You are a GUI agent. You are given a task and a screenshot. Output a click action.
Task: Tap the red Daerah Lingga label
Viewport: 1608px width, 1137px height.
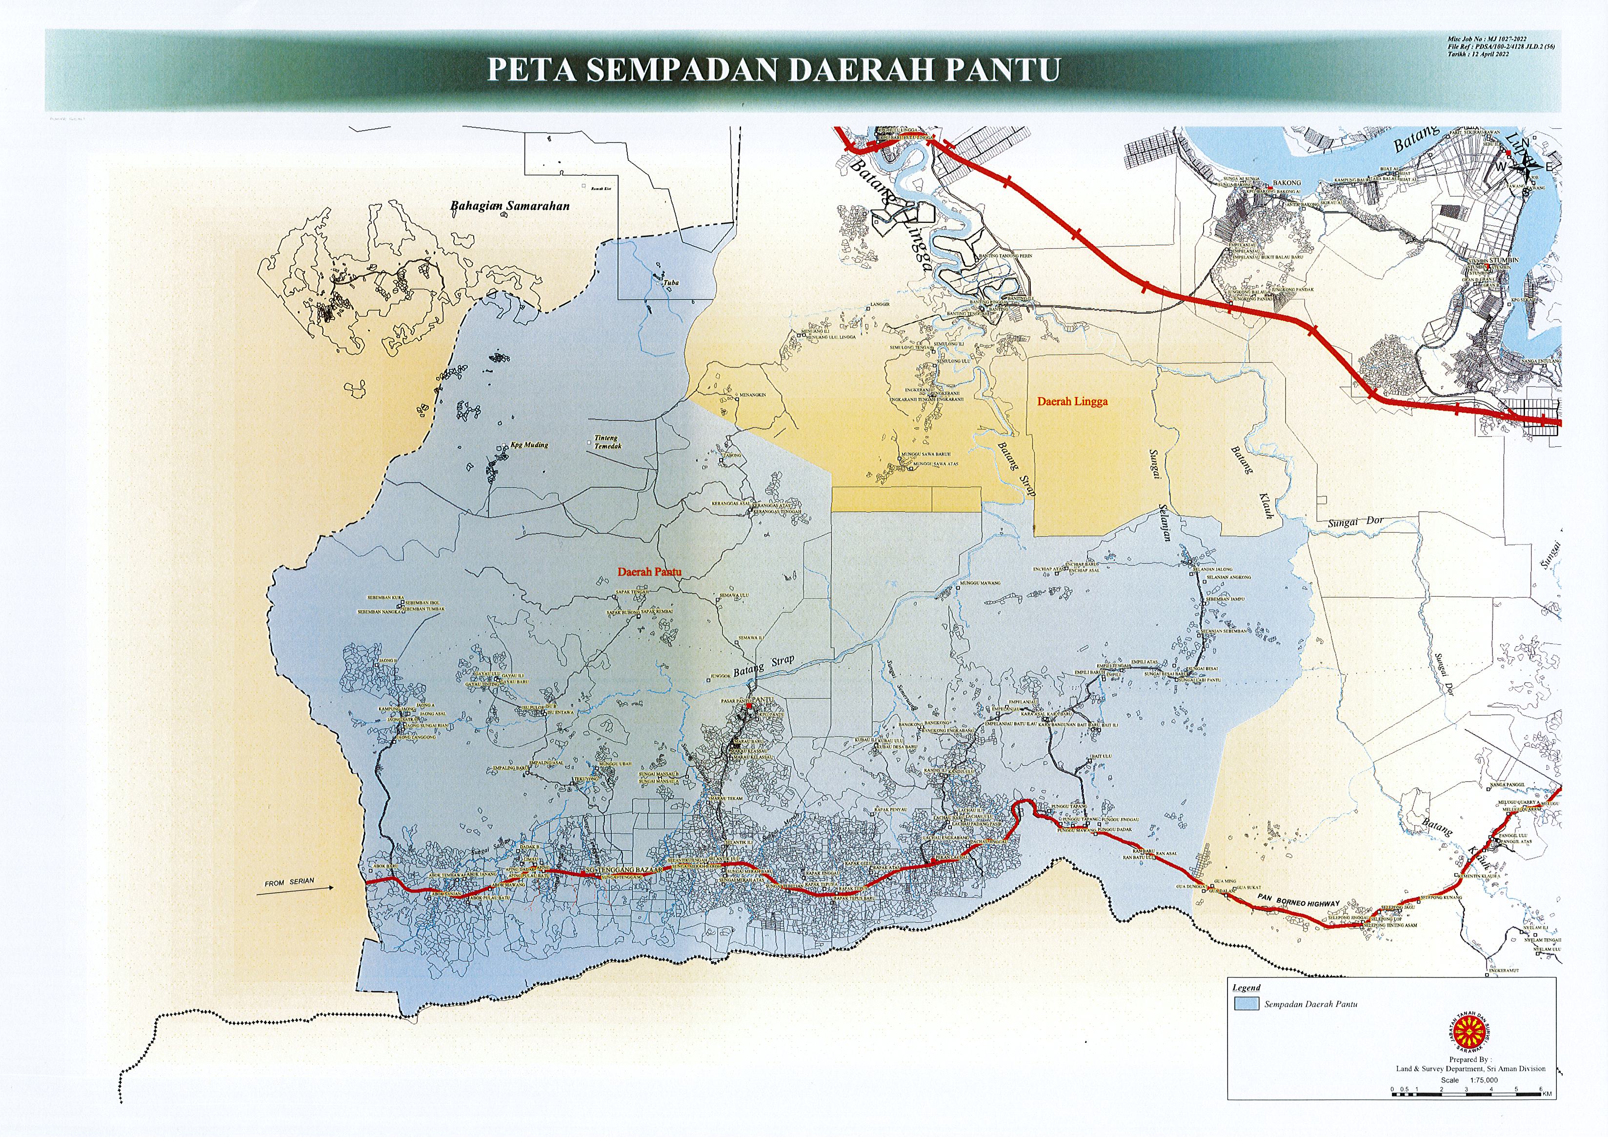coord(1072,402)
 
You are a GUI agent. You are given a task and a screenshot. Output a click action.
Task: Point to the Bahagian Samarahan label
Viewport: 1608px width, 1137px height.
coord(509,206)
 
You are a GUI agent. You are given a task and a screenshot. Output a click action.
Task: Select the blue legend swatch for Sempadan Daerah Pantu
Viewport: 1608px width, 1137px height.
coord(1246,1003)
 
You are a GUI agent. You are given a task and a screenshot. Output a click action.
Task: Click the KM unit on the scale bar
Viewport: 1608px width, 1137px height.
coord(1547,1094)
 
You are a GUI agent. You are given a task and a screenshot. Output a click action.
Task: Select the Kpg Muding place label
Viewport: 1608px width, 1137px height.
coord(529,444)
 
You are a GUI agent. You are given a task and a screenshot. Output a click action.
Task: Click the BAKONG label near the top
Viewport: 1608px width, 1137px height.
coord(1286,183)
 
